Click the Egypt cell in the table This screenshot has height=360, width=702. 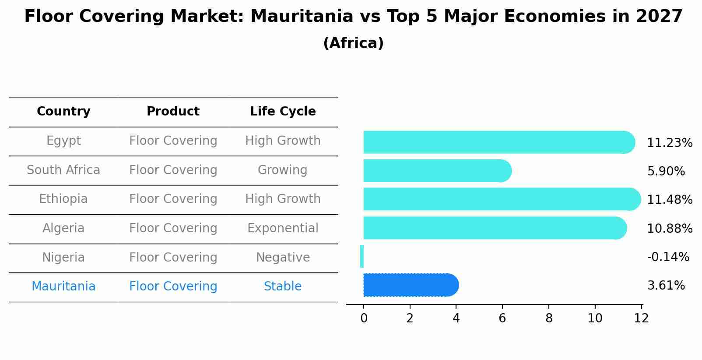coord(63,141)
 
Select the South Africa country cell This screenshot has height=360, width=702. coord(63,170)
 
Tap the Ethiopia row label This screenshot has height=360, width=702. coord(63,199)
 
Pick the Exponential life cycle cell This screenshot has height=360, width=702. coord(283,228)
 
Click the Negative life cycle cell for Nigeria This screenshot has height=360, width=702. coord(283,258)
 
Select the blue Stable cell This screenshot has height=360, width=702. coord(283,287)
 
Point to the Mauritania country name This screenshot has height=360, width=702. coord(63,287)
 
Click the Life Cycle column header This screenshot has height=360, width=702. coord(283,112)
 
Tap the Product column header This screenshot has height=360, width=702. coord(173,112)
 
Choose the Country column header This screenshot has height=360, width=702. coord(63,112)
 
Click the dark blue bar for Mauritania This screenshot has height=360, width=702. coord(409,285)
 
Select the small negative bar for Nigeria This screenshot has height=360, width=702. coord(362,256)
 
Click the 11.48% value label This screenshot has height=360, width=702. coord(669,200)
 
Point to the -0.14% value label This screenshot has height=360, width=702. coord(668,257)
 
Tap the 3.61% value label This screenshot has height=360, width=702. coord(666,286)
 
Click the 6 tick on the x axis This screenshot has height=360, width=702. coord(502,318)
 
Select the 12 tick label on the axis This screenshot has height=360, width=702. coord(641,318)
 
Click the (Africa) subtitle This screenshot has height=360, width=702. coord(353,43)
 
